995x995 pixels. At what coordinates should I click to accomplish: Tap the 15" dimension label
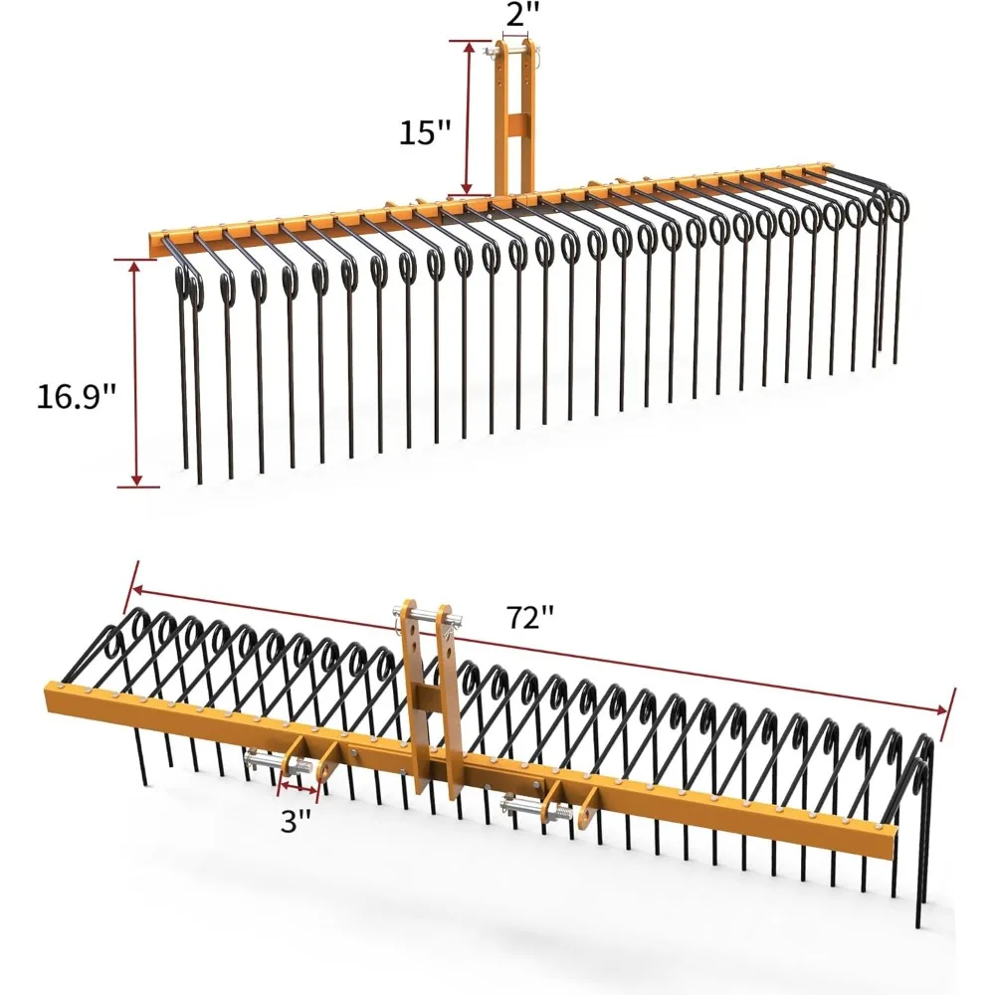coord(425,132)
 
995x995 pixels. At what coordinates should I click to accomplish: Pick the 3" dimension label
coord(297,822)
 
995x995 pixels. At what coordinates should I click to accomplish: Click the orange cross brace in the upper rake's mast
coord(513,127)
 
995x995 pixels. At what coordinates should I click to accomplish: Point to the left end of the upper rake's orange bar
coord(152,241)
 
